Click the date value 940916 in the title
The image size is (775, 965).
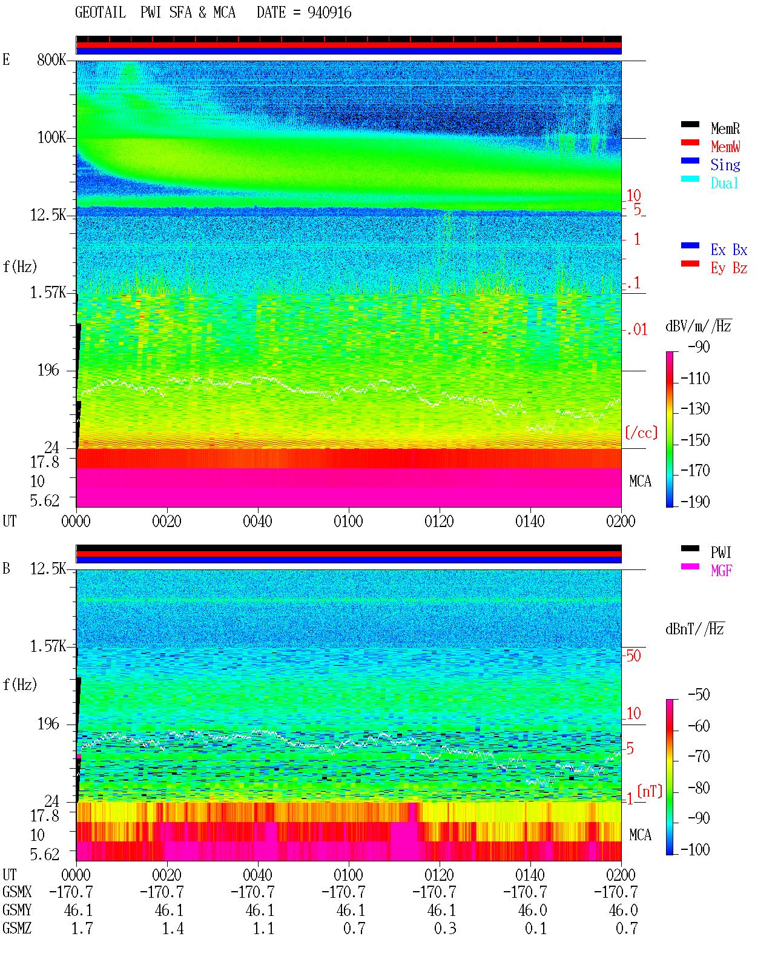[x=329, y=13]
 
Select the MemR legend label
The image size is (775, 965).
[x=725, y=128]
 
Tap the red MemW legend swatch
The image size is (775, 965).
[x=690, y=142]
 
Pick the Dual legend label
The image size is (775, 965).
[x=725, y=184]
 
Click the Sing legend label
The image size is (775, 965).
[x=725, y=165]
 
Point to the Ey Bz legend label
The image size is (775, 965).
[x=729, y=268]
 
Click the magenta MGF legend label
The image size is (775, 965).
[x=721, y=571]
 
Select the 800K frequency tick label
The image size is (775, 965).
[x=51, y=59]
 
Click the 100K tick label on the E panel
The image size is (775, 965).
[x=51, y=138]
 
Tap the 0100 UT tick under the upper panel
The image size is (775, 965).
[x=348, y=522]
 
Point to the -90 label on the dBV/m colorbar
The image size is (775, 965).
[x=699, y=347]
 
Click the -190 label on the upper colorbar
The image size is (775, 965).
[x=695, y=502]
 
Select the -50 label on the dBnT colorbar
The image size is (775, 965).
[x=699, y=695]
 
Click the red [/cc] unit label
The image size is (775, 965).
[x=641, y=433]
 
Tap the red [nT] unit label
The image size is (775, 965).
[x=650, y=791]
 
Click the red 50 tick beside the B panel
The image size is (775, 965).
[x=633, y=656]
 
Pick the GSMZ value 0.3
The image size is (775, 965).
[x=445, y=928]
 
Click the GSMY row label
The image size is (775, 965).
[x=17, y=910]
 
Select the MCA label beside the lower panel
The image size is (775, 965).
[x=640, y=835]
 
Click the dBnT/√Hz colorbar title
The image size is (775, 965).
[x=695, y=629]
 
